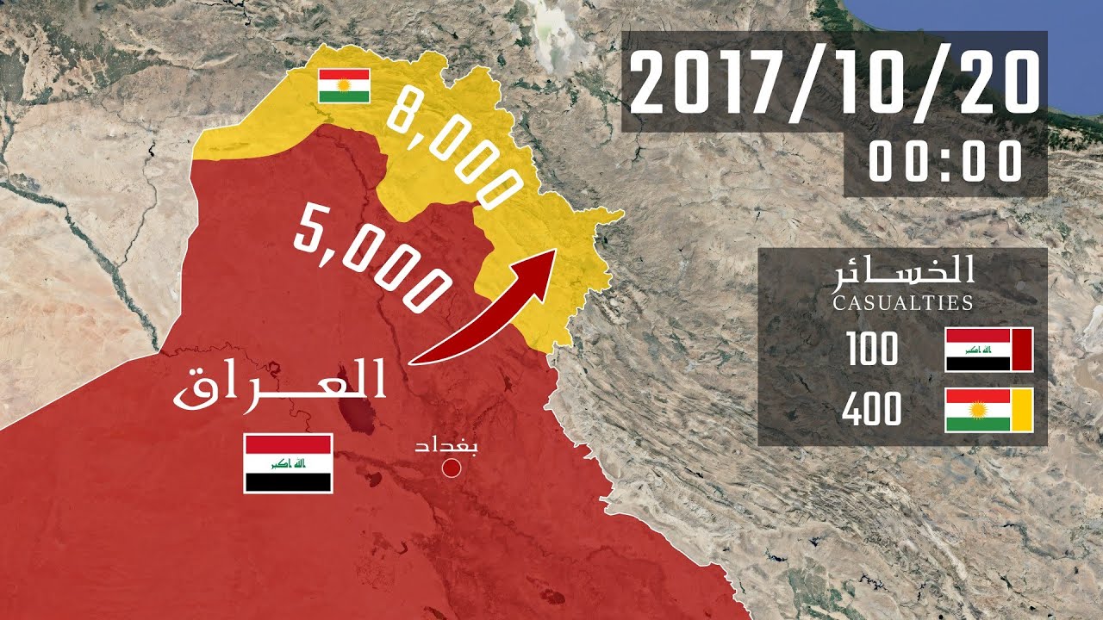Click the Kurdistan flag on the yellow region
(x=344, y=86)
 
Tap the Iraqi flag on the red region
(x=288, y=463)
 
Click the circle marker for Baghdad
(x=450, y=468)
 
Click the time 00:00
(x=945, y=162)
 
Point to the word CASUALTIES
(x=902, y=302)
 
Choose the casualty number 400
(x=871, y=410)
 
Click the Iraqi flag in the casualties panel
(x=977, y=350)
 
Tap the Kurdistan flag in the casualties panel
(x=977, y=410)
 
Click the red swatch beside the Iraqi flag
(x=1022, y=350)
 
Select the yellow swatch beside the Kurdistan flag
(x=1022, y=410)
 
